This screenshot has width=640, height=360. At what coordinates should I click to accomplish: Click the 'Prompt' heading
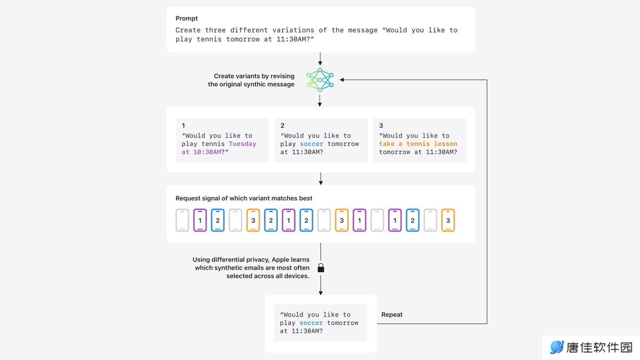(x=186, y=18)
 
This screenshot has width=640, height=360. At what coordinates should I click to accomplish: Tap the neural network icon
(x=320, y=80)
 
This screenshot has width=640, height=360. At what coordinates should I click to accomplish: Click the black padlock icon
(x=321, y=268)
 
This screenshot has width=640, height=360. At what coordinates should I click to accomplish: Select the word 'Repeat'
(x=392, y=315)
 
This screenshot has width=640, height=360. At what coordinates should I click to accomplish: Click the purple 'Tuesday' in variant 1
(x=242, y=144)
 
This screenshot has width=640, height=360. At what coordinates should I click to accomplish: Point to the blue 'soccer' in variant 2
(x=312, y=144)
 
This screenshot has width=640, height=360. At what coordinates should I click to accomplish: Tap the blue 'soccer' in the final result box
(x=311, y=323)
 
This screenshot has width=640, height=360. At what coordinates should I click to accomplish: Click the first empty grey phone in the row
(x=182, y=220)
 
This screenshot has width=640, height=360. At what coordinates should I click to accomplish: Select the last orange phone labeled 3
(x=448, y=220)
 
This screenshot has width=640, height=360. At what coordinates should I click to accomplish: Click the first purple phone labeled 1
(x=200, y=220)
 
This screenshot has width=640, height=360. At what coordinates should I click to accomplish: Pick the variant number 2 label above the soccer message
(x=282, y=125)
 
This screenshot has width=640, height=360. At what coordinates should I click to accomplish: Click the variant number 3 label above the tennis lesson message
(x=381, y=125)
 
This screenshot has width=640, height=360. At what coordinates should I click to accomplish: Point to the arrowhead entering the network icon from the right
(x=342, y=80)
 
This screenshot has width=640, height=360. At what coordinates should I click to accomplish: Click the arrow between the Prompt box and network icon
(x=320, y=59)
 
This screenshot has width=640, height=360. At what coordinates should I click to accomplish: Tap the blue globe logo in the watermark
(x=557, y=347)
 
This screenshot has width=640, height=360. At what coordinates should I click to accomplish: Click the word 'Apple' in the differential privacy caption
(x=280, y=260)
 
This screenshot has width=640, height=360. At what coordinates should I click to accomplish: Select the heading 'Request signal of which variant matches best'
(x=244, y=198)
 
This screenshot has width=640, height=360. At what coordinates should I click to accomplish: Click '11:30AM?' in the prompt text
(x=295, y=39)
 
